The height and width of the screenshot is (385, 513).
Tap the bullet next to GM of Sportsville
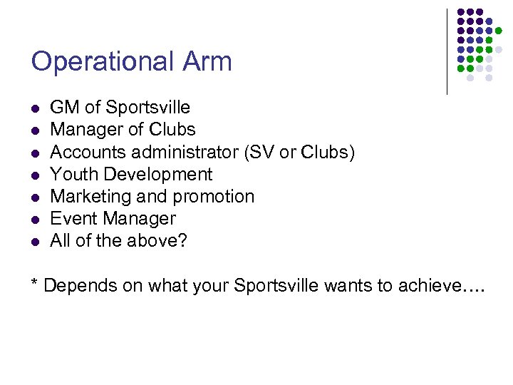(x=34, y=109)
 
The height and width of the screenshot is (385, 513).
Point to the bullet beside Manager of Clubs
(x=34, y=131)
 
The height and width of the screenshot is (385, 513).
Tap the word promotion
(x=219, y=197)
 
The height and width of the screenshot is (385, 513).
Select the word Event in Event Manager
(x=72, y=218)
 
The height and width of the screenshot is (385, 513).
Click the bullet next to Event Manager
(x=34, y=220)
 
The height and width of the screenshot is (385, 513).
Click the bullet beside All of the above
(x=34, y=242)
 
